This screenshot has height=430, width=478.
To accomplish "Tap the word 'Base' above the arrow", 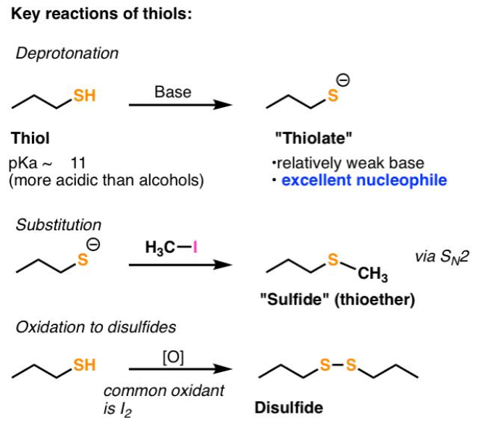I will pyautogui.click(x=172, y=92).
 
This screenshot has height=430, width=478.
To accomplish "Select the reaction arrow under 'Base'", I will pyautogui.click(x=181, y=106).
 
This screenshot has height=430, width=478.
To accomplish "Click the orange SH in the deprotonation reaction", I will pyautogui.click(x=84, y=95).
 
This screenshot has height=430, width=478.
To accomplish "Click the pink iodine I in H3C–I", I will pyautogui.click(x=193, y=248).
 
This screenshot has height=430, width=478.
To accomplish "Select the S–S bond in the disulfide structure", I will pyautogui.click(x=338, y=366).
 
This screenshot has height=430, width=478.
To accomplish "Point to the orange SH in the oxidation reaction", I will pyautogui.click(x=84, y=366).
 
